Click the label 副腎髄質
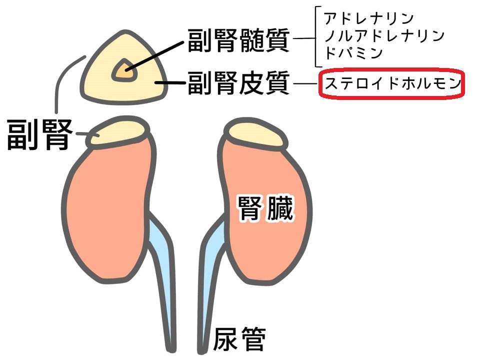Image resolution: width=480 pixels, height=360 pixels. (238, 40)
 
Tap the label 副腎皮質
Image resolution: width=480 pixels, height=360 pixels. (238, 83)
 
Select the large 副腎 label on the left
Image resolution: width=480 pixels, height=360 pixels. (39, 134)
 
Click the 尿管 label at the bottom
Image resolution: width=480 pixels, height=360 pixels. (239, 338)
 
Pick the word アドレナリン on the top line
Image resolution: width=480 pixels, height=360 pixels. (369, 18)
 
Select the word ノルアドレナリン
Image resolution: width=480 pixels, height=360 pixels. (384, 36)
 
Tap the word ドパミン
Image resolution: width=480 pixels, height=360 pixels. (353, 53)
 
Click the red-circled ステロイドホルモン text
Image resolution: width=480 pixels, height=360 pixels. (393, 83)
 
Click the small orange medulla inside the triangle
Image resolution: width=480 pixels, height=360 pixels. (124, 71)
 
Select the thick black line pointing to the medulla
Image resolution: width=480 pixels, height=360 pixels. (155, 56)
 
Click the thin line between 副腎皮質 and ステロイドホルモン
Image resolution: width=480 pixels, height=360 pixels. (305, 83)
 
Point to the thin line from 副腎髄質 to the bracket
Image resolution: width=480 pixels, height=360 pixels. (304, 39)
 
